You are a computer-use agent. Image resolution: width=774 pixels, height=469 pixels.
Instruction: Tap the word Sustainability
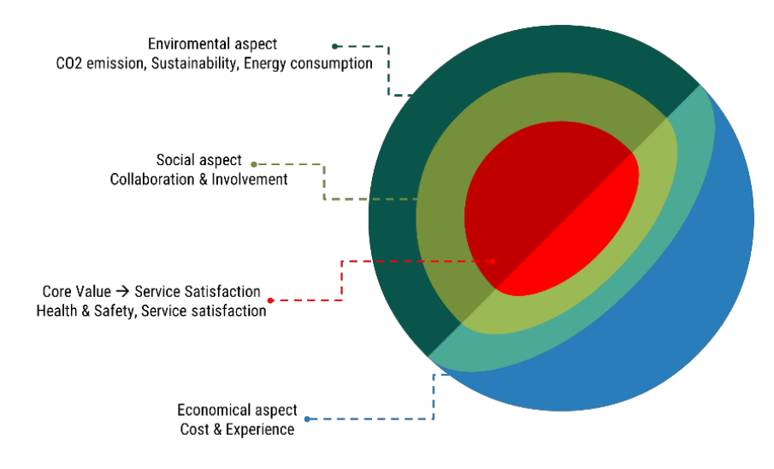point(197,63)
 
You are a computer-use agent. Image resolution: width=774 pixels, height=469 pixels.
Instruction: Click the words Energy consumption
point(309,63)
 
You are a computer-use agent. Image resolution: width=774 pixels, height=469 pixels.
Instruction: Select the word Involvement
point(249,179)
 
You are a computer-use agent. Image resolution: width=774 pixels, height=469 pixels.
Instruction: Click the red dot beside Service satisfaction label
point(270,300)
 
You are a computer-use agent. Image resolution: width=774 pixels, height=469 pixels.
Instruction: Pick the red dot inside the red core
point(493,261)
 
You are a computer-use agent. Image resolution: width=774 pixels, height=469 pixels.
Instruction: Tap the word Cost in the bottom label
point(194,429)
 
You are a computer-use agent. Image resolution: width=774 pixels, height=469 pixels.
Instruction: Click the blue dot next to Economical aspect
point(307,419)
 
